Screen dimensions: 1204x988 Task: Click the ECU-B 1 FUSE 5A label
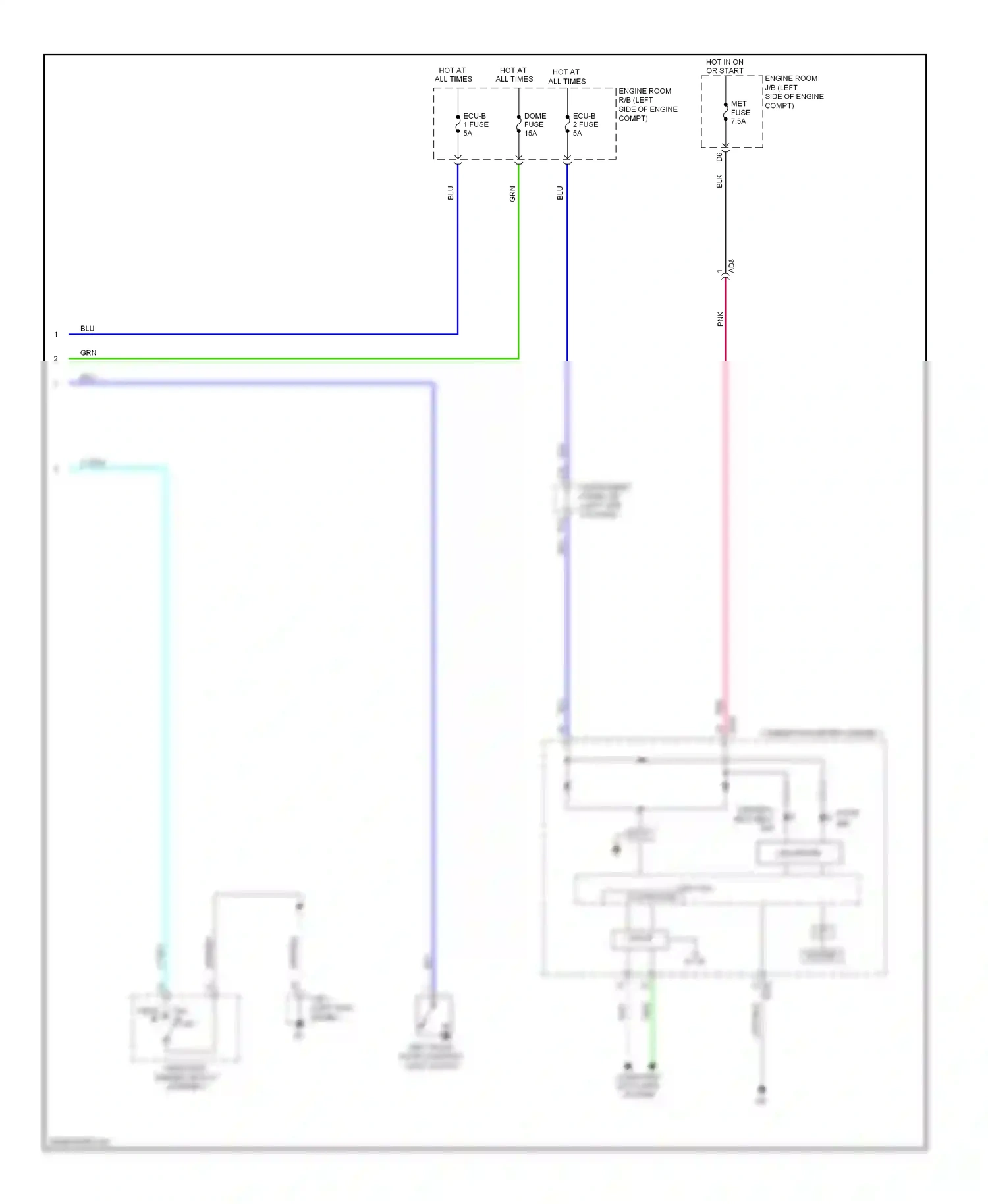[476, 124]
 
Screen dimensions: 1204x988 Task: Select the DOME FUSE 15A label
[534, 124]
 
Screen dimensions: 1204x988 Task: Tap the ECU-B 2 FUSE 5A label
[585, 124]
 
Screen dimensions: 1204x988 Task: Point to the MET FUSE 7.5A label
[740, 113]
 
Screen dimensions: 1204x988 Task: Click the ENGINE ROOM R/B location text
[647, 105]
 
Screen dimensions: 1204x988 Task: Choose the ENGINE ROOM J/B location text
[794, 92]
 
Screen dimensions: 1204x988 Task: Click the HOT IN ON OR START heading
[725, 67]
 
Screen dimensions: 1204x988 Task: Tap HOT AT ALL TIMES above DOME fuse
[514, 74]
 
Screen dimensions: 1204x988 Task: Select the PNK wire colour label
[720, 319]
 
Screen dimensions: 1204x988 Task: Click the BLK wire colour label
[719, 181]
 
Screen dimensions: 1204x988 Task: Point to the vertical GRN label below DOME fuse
[512, 194]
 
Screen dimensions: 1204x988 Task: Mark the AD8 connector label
[732, 266]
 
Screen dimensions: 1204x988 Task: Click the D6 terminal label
[719, 157]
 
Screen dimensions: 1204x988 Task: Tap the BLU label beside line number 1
[88, 328]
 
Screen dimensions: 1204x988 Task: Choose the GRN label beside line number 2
[88, 352]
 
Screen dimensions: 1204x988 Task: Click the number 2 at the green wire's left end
[56, 359]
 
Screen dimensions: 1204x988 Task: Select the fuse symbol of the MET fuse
[725, 112]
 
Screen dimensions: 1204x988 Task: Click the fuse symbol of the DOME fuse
[518, 124]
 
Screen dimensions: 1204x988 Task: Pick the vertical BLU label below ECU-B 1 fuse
[451, 193]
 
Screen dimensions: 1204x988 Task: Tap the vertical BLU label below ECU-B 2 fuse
[560, 193]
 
